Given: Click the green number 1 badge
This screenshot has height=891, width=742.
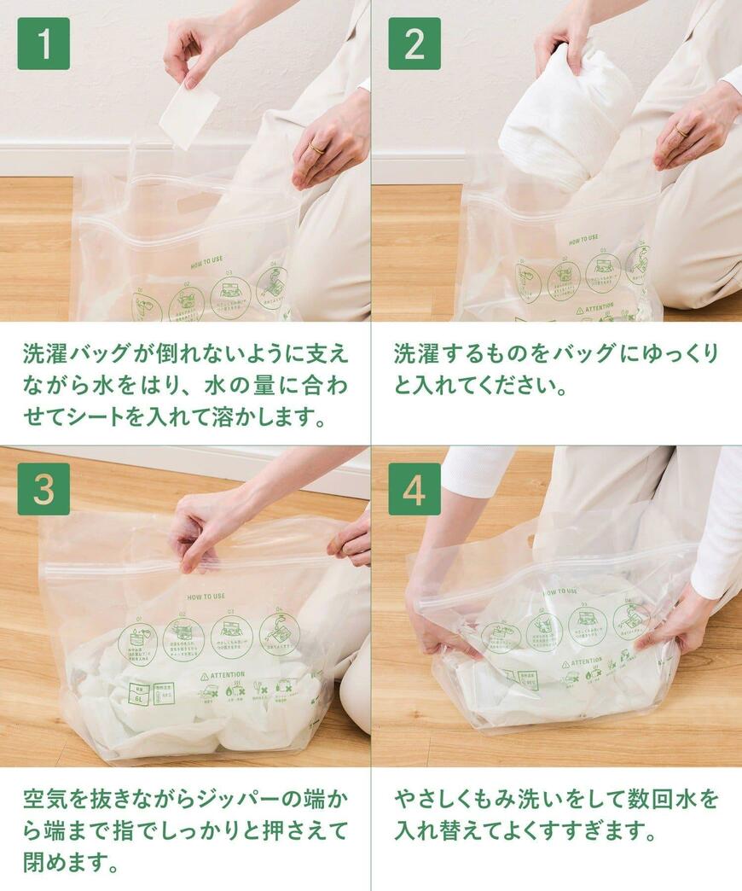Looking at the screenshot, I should pyautogui.click(x=43, y=43).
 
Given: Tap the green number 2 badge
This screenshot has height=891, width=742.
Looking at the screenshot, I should pyautogui.click(x=414, y=43).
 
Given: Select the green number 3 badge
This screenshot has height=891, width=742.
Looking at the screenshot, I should pyautogui.click(x=43, y=489).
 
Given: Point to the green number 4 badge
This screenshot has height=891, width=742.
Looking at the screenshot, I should pyautogui.click(x=414, y=489).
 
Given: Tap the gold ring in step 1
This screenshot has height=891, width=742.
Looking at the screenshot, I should pyautogui.click(x=316, y=148).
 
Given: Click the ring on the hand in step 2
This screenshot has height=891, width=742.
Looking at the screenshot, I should pyautogui.click(x=681, y=131).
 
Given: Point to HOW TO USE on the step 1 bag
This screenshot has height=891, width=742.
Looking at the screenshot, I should pyautogui.click(x=208, y=265).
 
